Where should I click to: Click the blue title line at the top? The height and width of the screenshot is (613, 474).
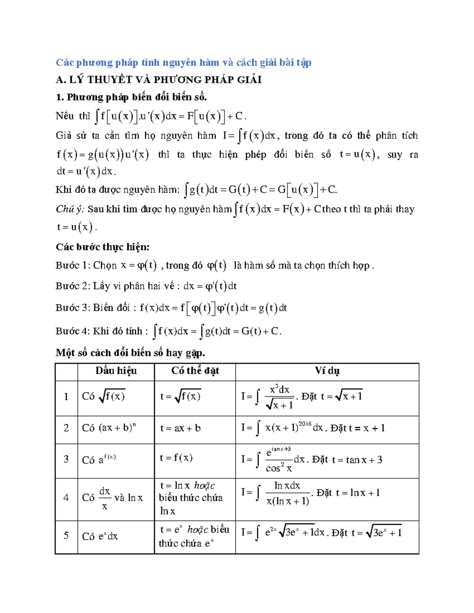[183, 62]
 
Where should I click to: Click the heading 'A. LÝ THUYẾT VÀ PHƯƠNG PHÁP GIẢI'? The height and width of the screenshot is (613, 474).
[158, 80]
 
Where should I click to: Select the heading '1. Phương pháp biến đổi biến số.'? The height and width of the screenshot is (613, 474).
[131, 97]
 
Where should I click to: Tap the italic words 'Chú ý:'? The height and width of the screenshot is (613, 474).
[70, 209]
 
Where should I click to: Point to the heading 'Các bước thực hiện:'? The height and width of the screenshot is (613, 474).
[102, 247]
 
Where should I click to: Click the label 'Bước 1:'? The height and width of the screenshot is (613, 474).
[72, 265]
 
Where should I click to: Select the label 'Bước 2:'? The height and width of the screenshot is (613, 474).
[72, 286]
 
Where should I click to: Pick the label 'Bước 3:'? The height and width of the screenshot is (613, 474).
[72, 308]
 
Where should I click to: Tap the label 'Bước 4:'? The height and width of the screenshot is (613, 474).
[72, 331]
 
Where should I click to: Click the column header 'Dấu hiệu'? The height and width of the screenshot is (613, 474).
[116, 371]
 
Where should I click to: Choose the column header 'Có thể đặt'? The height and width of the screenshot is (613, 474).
[195, 371]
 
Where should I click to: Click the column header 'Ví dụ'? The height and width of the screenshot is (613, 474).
[327, 371]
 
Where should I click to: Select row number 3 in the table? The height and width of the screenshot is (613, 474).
[66, 459]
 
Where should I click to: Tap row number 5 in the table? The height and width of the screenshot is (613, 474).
[66, 535]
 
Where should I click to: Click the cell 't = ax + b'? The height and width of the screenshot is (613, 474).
[180, 428]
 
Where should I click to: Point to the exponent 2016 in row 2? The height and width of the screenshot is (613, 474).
[305, 424]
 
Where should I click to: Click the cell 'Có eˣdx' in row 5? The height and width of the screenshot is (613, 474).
[100, 536]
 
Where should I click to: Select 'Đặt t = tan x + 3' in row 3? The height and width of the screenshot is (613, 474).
[347, 460]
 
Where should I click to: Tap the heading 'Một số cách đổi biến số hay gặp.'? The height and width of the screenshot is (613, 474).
[130, 352]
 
